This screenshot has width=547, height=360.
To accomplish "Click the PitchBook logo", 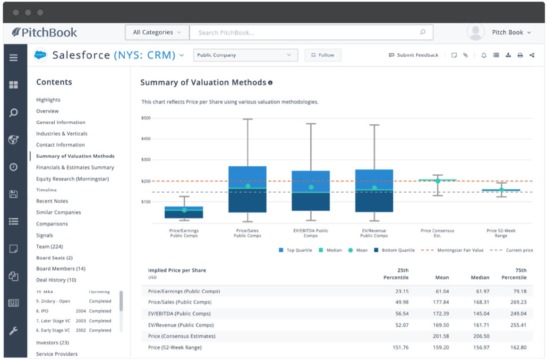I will click(44, 33).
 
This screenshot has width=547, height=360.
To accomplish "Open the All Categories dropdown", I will click(157, 33).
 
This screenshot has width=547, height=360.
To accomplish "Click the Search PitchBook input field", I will click(307, 33).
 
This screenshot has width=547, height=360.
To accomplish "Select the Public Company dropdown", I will click(245, 55).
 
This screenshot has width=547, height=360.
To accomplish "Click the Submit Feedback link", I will click(413, 55).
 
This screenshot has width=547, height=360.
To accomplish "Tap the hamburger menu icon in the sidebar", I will click(14, 58).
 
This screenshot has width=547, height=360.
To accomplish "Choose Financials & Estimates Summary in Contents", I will click(75, 167).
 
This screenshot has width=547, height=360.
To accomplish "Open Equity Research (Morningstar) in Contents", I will click(72, 179).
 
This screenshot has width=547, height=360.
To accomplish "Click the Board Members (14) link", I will click(60, 269).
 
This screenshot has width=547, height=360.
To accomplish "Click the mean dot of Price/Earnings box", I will click(184, 210).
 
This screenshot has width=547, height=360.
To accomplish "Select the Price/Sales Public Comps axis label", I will click(247, 233).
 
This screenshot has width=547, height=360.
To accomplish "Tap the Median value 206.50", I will click(480, 336).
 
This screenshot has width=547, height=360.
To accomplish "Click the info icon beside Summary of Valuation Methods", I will click(270, 83).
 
